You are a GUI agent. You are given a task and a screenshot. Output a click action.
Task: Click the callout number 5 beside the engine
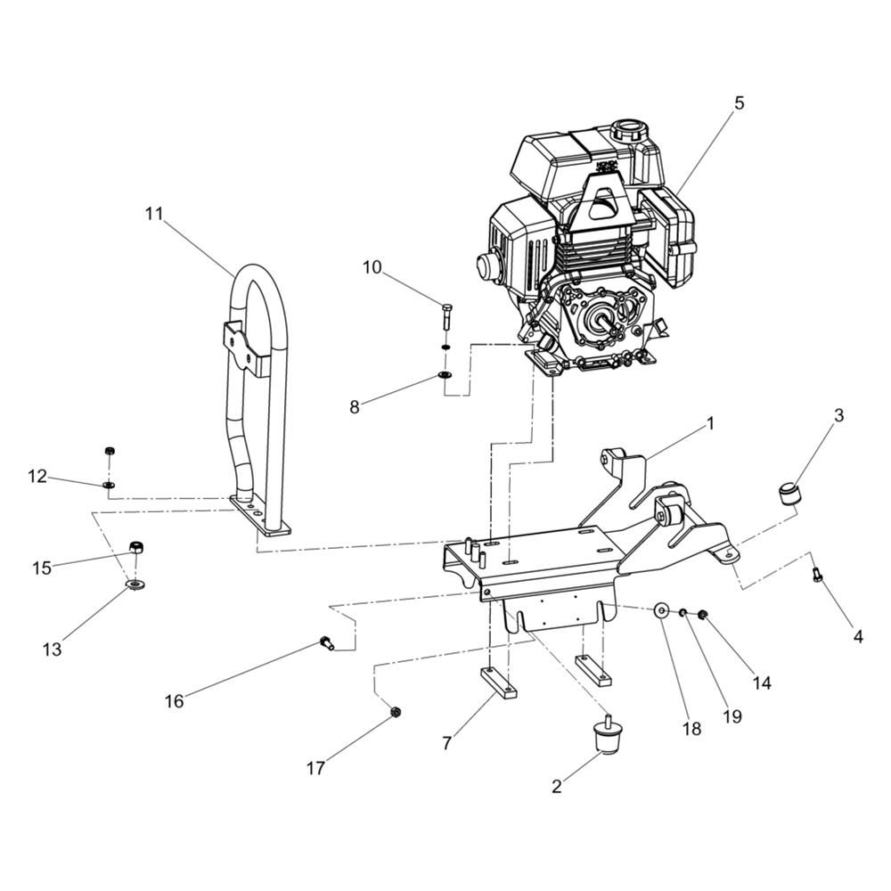[738, 103]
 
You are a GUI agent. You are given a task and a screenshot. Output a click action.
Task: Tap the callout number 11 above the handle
[153, 214]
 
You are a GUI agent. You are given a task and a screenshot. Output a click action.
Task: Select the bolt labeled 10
[445, 318]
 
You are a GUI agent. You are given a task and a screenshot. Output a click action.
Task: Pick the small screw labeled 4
[816, 575]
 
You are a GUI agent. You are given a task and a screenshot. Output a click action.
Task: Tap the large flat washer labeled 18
[661, 611]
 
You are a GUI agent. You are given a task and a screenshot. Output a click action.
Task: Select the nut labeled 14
[702, 614]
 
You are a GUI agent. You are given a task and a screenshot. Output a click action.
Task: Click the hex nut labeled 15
[136, 548]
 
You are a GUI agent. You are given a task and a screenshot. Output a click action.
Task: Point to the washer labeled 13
[135, 584]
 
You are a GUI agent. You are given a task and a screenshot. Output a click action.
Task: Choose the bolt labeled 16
[326, 644]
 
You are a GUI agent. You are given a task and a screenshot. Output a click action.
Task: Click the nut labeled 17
[393, 711]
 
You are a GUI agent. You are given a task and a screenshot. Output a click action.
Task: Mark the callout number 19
[732, 716]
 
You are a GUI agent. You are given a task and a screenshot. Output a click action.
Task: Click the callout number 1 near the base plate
[709, 423]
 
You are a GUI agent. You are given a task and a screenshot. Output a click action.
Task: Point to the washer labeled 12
[109, 486]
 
